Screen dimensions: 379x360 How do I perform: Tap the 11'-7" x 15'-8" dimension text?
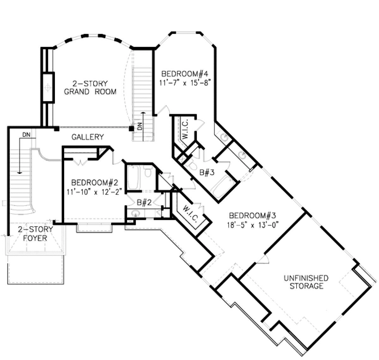[184, 83]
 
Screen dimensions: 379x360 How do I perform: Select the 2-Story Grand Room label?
[90, 88]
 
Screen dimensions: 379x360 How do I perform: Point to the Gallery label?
[88, 137]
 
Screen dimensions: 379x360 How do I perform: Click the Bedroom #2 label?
[94, 182]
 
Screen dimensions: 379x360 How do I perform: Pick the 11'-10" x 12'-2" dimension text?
[94, 192]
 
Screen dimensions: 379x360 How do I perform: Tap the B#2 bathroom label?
[144, 203]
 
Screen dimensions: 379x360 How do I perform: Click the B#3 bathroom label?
[207, 172]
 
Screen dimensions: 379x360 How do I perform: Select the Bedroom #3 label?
[253, 215]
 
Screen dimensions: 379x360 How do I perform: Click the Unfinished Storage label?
[306, 282]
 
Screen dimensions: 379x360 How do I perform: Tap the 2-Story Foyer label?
[35, 234]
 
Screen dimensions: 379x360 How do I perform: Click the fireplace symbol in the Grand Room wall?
[48, 88]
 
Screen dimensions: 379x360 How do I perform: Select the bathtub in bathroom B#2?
[133, 177]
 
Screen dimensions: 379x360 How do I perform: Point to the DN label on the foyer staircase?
[27, 135]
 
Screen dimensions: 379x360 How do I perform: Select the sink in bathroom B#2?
[135, 213]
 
